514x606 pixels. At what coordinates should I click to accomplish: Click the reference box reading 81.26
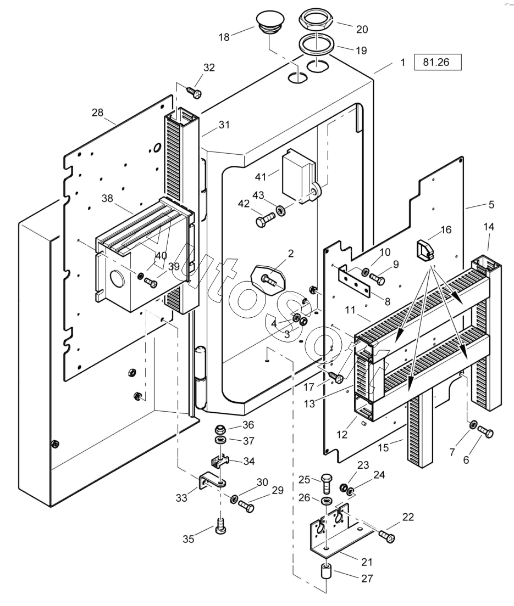point(437,62)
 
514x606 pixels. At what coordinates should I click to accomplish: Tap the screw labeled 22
point(387,535)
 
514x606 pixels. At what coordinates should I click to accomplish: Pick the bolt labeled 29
point(247,507)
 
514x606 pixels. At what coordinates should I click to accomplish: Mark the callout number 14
point(488,226)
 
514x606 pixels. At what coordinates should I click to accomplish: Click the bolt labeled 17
point(336,378)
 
